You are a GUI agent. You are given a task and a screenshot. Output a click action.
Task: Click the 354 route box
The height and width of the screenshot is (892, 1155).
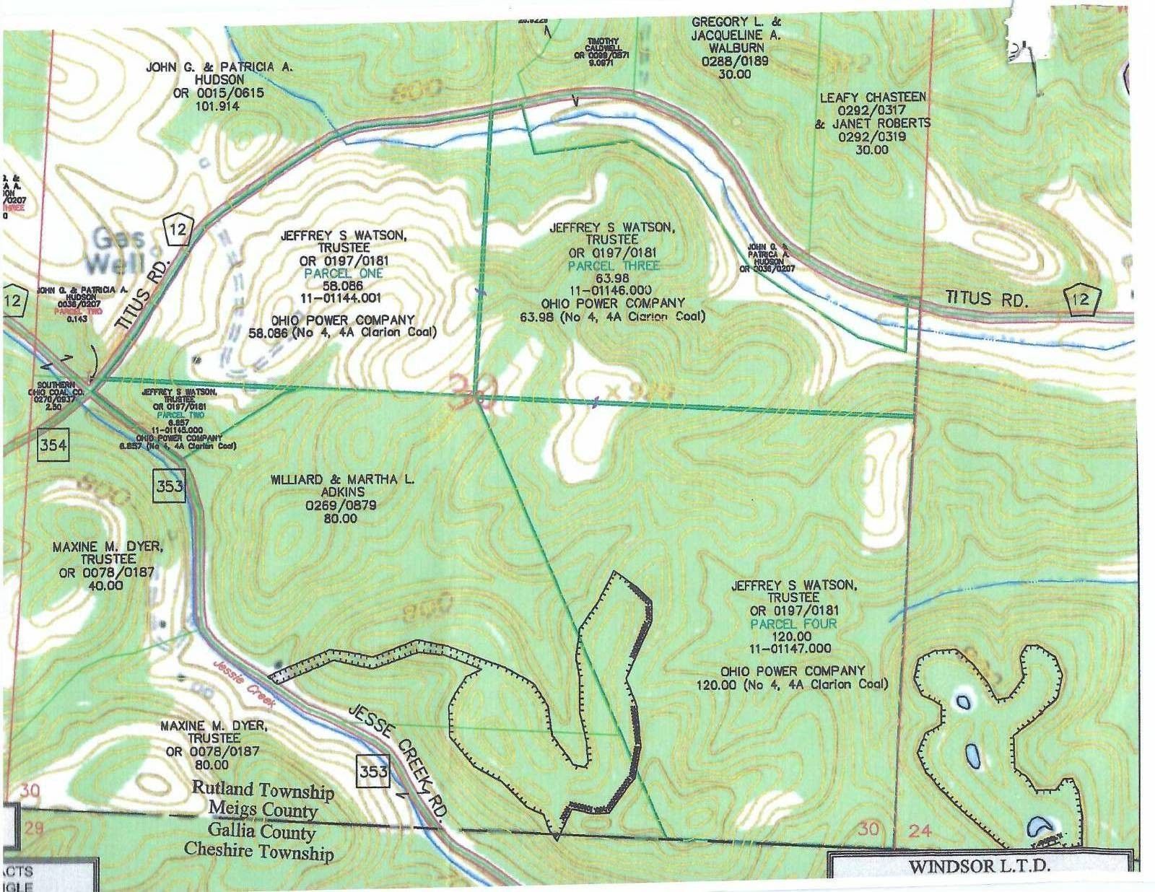53,445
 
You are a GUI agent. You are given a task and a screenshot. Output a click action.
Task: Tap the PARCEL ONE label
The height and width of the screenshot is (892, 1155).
344,274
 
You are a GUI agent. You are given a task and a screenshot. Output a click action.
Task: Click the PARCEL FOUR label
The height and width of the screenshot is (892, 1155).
793,624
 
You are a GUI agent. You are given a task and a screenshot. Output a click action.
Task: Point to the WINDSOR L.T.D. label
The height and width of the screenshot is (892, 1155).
979,867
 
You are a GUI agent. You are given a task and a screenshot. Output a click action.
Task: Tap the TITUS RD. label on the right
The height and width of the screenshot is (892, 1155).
987,299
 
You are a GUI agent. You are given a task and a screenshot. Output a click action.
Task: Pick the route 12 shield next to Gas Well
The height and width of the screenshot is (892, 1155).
178,229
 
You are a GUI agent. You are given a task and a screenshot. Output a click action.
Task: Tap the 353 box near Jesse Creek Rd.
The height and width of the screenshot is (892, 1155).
373,771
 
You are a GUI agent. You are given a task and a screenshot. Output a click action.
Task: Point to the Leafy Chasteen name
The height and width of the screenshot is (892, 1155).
872,97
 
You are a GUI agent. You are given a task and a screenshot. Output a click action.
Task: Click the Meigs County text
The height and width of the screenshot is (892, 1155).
263,810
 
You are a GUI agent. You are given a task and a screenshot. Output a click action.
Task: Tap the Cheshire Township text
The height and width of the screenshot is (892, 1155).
258,852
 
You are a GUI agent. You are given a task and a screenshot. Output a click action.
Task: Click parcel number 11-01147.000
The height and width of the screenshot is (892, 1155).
793,649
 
